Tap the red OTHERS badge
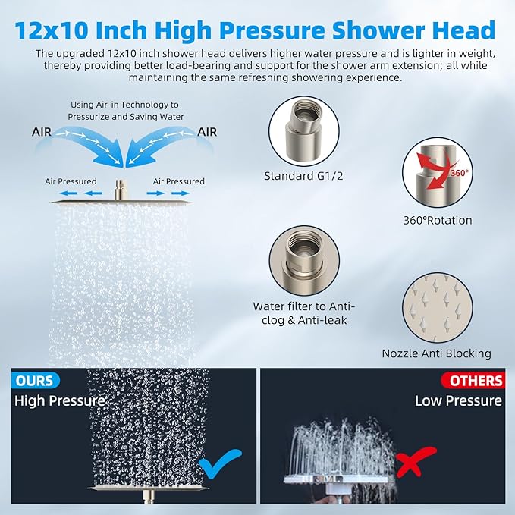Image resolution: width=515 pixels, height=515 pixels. pyautogui.click(x=476, y=380)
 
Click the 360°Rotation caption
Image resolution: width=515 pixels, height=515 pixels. pyautogui.click(x=438, y=221)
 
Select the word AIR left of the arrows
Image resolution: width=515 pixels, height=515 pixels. pyautogui.click(x=43, y=131)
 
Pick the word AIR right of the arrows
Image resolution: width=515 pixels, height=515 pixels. pyautogui.click(x=207, y=131)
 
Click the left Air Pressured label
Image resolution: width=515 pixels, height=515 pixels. pyautogui.click(x=71, y=181)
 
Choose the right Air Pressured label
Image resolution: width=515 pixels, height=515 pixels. pyautogui.click(x=179, y=181)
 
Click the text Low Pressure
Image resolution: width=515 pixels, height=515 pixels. pyautogui.click(x=457, y=400)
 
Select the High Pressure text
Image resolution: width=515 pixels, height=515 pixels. pyautogui.click(x=59, y=400)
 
